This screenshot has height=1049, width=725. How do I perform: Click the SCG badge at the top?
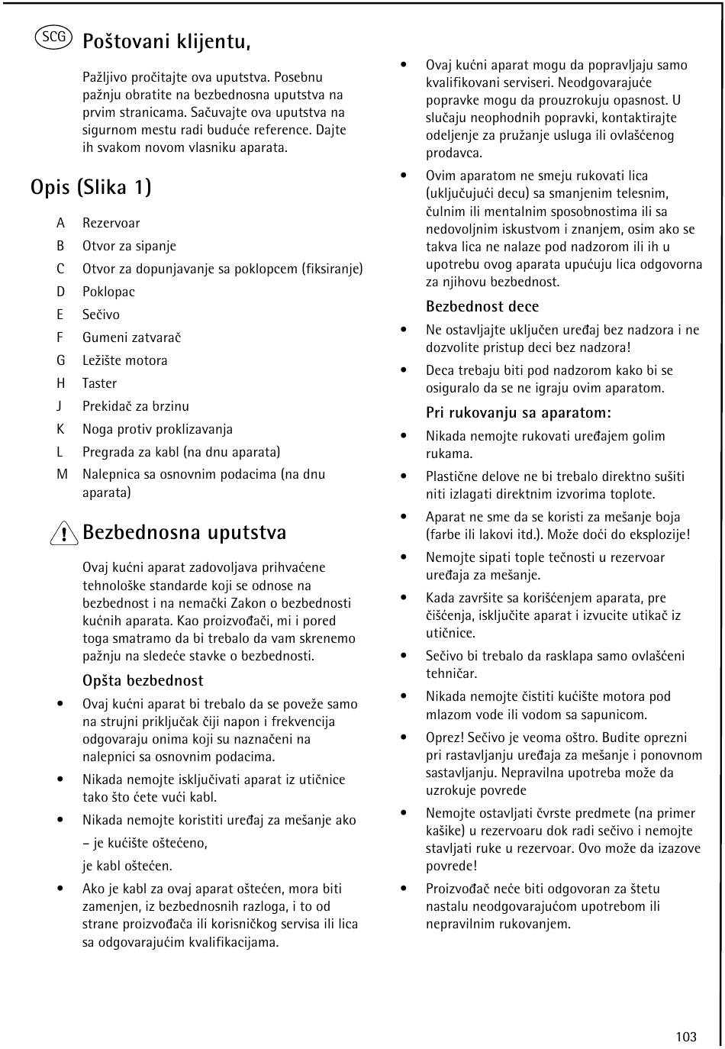click(x=53, y=37)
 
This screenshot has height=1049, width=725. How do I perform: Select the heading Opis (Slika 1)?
click(x=91, y=186)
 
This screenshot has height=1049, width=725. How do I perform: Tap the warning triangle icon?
click(x=66, y=534)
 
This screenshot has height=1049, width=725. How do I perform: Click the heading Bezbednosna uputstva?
click(x=184, y=532)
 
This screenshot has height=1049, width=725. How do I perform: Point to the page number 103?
click(x=685, y=1036)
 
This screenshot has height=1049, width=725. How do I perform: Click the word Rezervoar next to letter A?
click(x=111, y=223)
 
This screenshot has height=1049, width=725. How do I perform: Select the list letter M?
click(x=62, y=474)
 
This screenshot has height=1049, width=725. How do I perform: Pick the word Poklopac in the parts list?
click(x=108, y=292)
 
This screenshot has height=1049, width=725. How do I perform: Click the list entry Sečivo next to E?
click(x=101, y=315)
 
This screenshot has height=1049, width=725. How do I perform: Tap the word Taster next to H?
click(x=99, y=383)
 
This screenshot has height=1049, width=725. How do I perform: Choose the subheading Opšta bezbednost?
click(x=143, y=680)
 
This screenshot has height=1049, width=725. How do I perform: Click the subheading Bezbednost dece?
click(x=482, y=306)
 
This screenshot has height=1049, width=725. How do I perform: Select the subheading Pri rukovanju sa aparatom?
click(x=518, y=413)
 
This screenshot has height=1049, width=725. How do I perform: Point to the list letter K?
click(x=60, y=429)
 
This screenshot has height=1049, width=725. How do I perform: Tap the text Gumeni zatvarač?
click(x=131, y=337)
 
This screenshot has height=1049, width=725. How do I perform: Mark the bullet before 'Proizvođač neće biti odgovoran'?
click(x=404, y=889)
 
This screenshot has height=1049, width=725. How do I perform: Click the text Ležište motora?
click(x=124, y=360)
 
